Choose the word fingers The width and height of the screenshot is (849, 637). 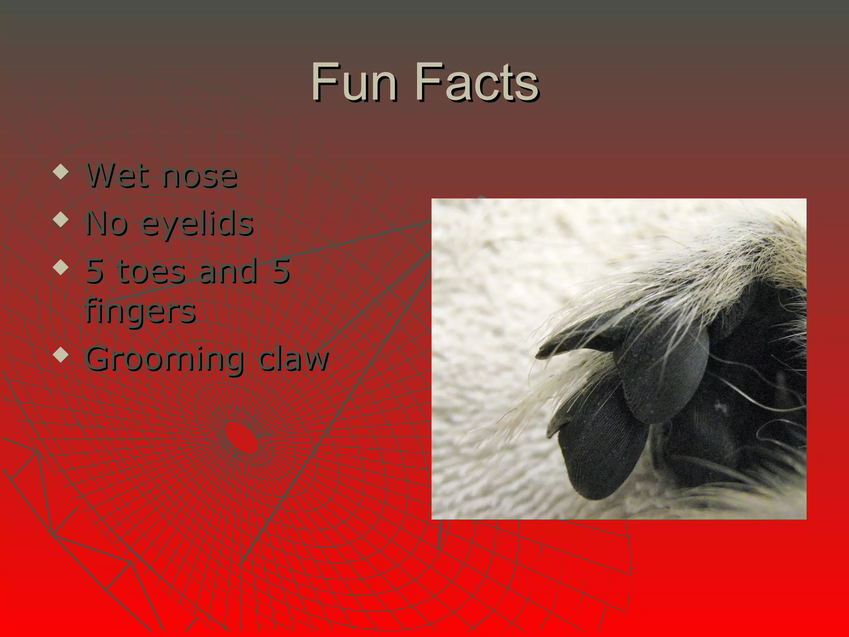[x=140, y=312]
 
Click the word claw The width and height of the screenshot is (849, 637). [x=292, y=359]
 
